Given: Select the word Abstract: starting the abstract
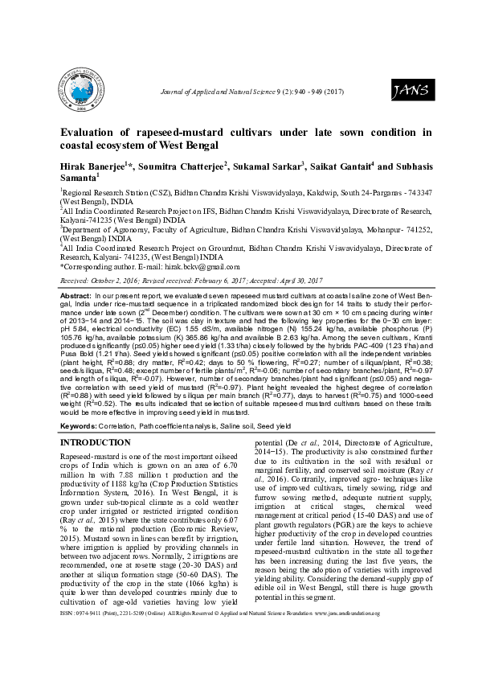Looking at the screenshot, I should tap(76, 297).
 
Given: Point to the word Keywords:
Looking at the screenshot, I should tap(80, 425).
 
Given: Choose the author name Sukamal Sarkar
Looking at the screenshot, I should tap(270, 167).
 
